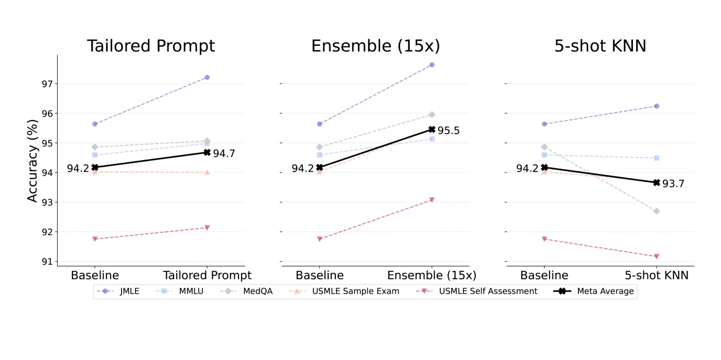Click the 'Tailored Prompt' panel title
(151, 46)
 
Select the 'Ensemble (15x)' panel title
(375, 46)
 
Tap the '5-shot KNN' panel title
(600, 46)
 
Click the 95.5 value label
(449, 131)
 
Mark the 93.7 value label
(673, 184)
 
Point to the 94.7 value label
(224, 153)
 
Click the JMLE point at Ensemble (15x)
(432, 65)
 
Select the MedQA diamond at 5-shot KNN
(657, 211)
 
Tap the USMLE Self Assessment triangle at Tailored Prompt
(207, 228)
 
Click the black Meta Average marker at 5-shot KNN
(657, 182)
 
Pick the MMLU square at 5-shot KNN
(657, 158)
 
